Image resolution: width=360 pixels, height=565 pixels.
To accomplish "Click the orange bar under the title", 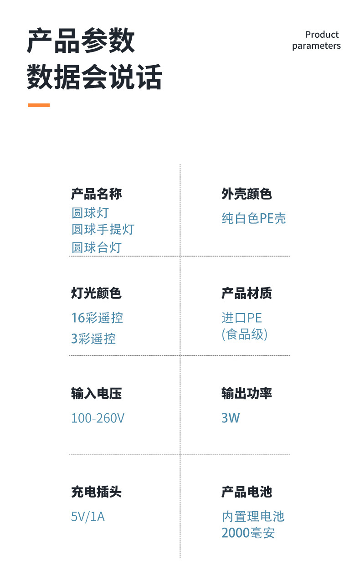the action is click(39, 105).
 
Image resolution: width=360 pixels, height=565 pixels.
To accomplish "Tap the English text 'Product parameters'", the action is click(316, 40).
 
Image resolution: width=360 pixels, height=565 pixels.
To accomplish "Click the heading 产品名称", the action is click(97, 194).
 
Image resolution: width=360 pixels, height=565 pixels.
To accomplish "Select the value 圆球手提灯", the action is click(103, 229).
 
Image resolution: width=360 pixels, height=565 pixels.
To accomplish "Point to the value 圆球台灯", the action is click(97, 247).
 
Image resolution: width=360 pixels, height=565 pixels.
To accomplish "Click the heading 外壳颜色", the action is click(247, 194).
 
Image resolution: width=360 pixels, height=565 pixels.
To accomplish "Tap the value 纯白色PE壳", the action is click(254, 219).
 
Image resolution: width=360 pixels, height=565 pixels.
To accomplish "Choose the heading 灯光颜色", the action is click(97, 293).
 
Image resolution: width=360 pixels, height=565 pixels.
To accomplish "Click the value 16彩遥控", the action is click(97, 318).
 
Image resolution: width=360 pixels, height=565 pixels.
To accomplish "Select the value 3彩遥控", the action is click(93, 339).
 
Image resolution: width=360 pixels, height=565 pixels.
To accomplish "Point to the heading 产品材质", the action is click(247, 293).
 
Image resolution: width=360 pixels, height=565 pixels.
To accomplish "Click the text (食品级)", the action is click(245, 335).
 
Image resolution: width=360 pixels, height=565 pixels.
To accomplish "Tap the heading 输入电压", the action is click(97, 393).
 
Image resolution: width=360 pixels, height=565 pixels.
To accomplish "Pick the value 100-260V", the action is click(98, 418).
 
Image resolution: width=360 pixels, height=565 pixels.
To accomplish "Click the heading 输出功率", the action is click(247, 393).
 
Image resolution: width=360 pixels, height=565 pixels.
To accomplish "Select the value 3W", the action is click(231, 418).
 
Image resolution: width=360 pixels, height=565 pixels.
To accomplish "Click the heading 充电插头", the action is click(97, 492).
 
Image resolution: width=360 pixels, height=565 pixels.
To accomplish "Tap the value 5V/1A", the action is click(88, 517).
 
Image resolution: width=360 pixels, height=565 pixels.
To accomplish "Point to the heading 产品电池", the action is click(247, 492).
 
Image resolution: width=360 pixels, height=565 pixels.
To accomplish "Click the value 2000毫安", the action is click(248, 533).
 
